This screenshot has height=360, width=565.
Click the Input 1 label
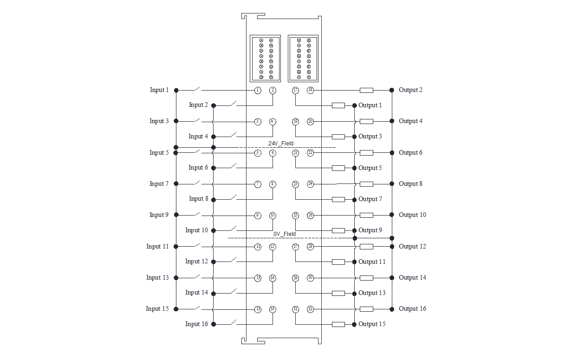click(x=159, y=90)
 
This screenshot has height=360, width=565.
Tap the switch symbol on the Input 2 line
click(x=231, y=104)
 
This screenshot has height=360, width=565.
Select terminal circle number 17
click(x=295, y=90)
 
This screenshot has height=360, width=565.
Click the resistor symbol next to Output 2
click(x=366, y=90)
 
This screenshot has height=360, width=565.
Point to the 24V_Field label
click(x=281, y=143)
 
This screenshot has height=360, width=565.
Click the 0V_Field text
click(x=285, y=234)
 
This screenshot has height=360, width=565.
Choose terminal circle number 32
click(x=311, y=309)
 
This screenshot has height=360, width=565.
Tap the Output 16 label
click(x=412, y=309)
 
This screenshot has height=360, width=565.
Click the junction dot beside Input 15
click(x=176, y=309)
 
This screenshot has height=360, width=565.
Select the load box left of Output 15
click(x=338, y=324)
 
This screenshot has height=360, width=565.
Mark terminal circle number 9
click(x=258, y=215)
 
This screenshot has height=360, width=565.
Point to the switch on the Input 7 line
click(x=198, y=183)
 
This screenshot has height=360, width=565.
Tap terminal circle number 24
click(x=311, y=184)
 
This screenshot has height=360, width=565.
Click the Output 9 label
click(x=370, y=230)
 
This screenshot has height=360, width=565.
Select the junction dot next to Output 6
click(x=392, y=152)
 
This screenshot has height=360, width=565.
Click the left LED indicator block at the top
click(x=266, y=59)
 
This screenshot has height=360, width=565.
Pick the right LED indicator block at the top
click(x=303, y=59)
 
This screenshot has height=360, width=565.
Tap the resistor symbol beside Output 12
click(x=366, y=247)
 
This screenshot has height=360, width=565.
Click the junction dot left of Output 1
click(x=354, y=105)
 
